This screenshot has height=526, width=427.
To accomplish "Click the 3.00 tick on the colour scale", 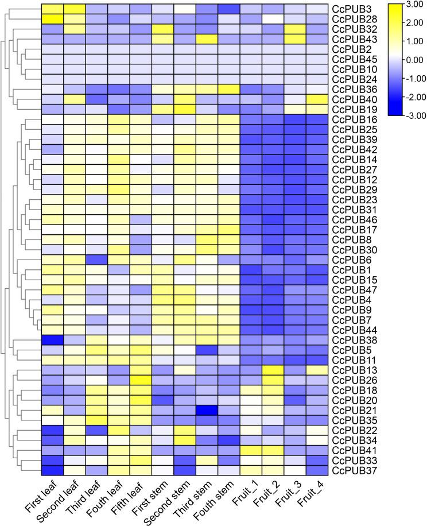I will click(411, 5).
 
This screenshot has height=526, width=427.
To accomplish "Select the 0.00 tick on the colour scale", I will click(411, 60).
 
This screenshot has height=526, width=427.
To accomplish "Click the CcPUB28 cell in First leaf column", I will click(52, 19).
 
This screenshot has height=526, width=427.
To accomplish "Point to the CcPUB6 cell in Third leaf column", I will click(96, 260).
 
